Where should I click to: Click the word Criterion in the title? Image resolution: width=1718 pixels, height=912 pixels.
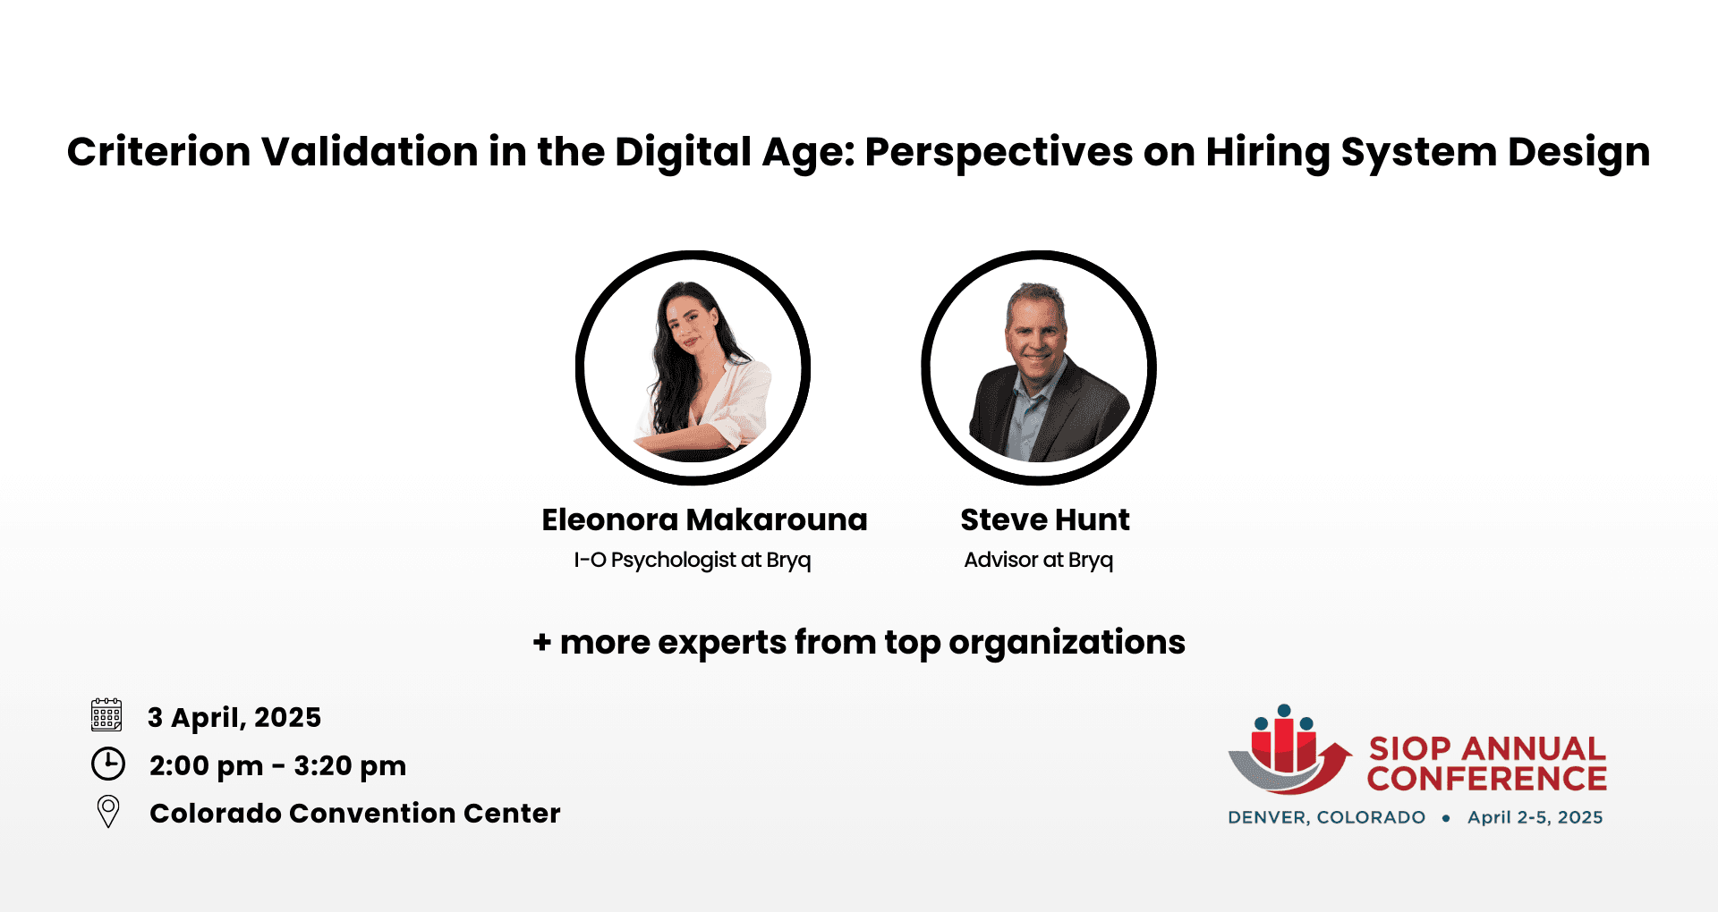[159, 151]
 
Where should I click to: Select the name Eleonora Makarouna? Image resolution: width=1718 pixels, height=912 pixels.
[704, 519]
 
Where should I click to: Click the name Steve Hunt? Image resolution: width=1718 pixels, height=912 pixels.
[1044, 519]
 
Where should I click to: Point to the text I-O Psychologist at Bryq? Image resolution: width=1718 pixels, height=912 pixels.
[692, 560]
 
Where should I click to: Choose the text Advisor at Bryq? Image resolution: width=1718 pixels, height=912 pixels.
[1038, 560]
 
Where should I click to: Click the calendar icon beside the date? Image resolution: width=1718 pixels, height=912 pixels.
[106, 715]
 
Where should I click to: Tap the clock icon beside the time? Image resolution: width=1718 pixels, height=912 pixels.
[108, 764]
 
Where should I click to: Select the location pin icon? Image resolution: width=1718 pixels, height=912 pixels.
[108, 811]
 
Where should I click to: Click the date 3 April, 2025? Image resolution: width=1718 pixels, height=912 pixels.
[234, 717]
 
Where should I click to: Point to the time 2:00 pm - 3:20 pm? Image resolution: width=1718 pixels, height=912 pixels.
[277, 766]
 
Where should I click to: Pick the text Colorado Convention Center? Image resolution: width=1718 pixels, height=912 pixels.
[355, 813]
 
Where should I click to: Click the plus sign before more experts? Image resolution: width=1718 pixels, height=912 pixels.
[541, 642]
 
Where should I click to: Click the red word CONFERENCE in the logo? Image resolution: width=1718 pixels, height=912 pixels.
[1486, 779]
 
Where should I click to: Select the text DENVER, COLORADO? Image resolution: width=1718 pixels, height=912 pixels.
[1326, 817]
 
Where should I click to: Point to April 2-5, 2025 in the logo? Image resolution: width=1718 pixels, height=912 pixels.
[1535, 817]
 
